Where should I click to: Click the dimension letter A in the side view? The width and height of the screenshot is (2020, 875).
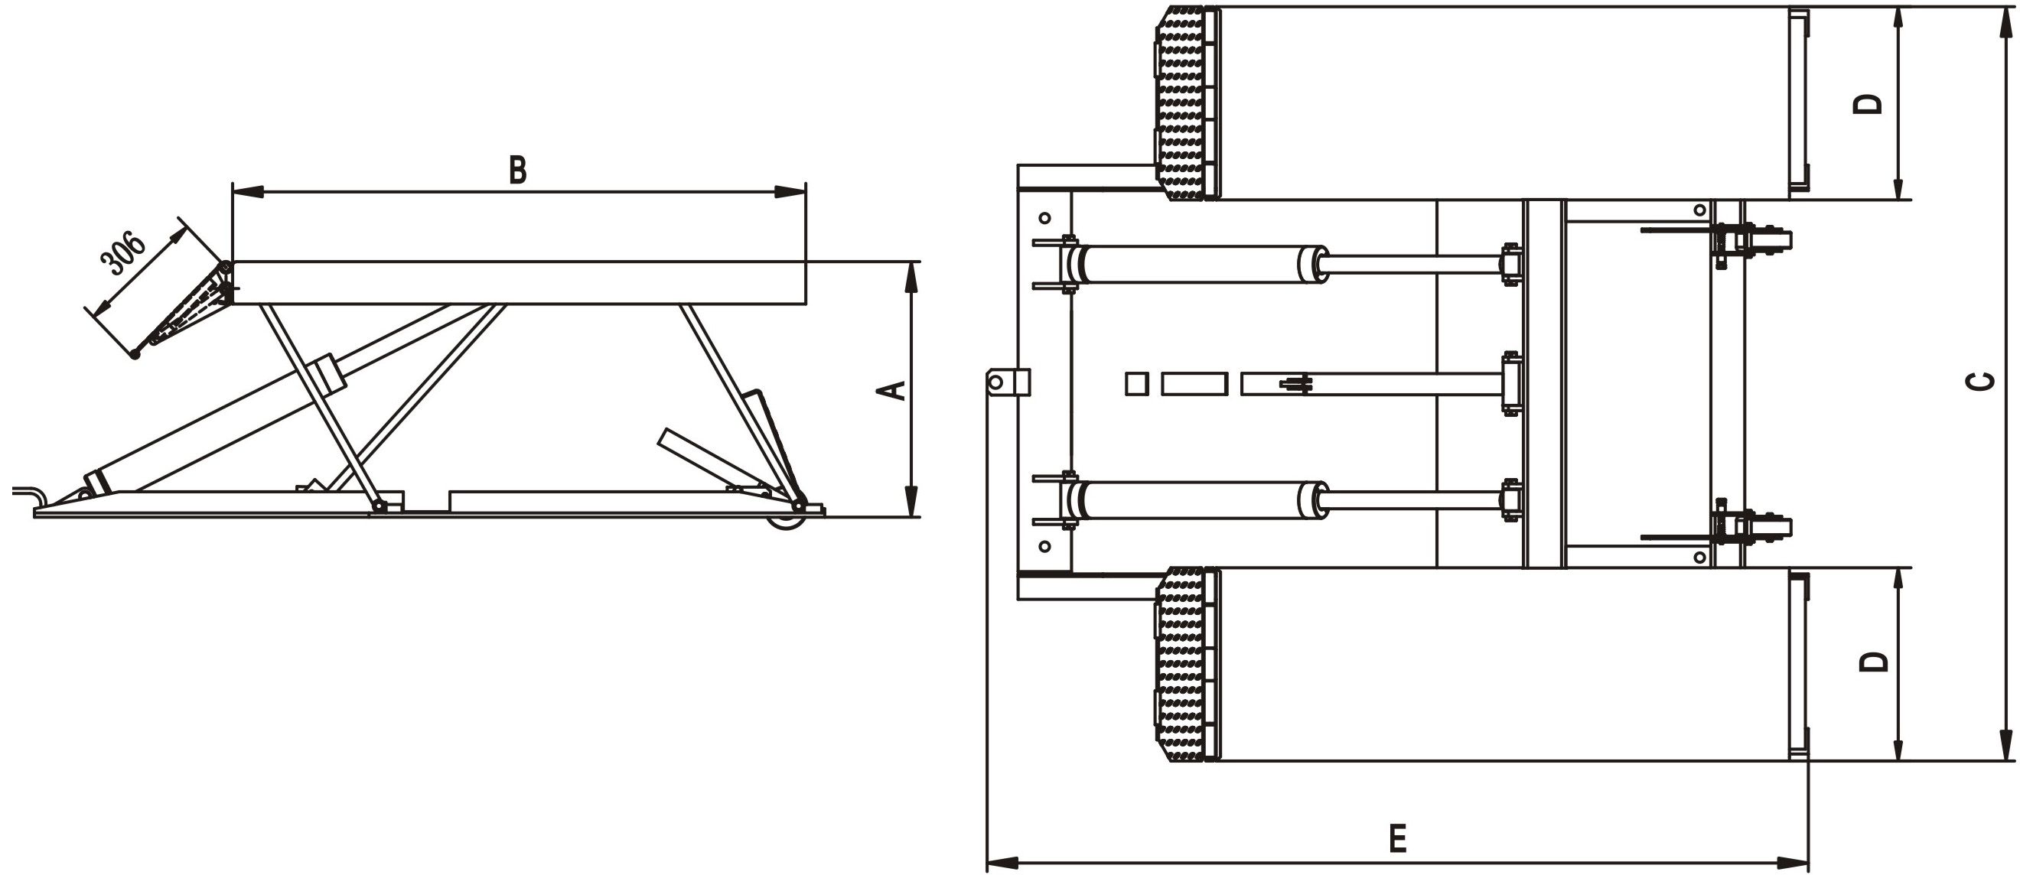pyautogui.click(x=894, y=390)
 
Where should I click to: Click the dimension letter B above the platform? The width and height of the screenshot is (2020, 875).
pyautogui.click(x=517, y=170)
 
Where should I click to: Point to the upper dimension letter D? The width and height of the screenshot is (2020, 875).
pyautogui.click(x=1867, y=104)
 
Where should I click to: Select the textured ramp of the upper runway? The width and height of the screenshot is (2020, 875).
pyautogui.click(x=1182, y=103)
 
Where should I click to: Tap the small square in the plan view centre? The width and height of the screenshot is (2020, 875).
pyautogui.click(x=1136, y=384)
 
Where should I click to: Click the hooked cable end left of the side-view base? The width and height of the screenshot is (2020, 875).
pyautogui.click(x=30, y=496)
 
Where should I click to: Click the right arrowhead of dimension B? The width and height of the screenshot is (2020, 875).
pyautogui.click(x=790, y=191)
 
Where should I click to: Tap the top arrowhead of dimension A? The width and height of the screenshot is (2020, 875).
pyautogui.click(x=911, y=278)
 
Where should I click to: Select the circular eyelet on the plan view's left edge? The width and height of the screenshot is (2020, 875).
pyautogui.click(x=995, y=382)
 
